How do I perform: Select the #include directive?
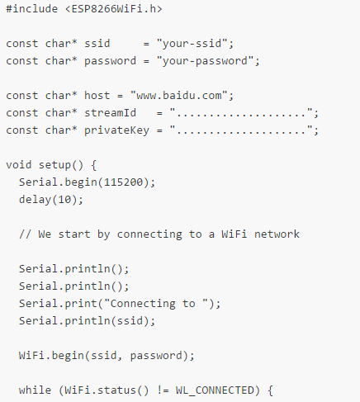click(x=32, y=9)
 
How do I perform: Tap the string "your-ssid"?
click(x=192, y=44)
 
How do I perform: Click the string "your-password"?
click(x=205, y=61)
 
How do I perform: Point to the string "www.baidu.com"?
click(x=179, y=96)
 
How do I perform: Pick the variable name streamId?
click(x=110, y=113)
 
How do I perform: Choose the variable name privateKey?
click(x=116, y=130)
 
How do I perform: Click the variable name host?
click(x=97, y=96)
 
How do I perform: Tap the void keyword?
click(x=19, y=165)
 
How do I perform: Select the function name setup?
click(x=54, y=165)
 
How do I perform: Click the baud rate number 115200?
click(x=123, y=182)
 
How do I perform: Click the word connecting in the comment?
click(x=149, y=234)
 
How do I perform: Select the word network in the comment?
click(x=277, y=234)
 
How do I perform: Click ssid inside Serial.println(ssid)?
click(x=130, y=321)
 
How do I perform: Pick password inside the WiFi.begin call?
click(x=156, y=356)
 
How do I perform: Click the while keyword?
click(x=35, y=390)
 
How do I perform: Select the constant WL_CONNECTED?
click(x=215, y=390)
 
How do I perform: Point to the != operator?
click(x=163, y=390)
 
